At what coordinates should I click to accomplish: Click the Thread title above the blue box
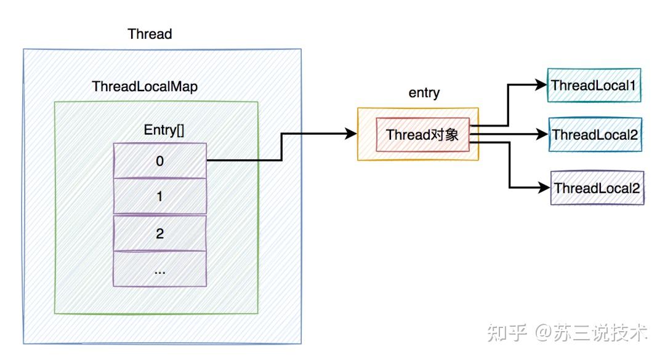pyautogui.click(x=150, y=34)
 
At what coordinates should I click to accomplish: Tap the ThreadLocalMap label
pyautogui.click(x=145, y=87)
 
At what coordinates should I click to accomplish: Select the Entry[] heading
pyautogui.click(x=159, y=130)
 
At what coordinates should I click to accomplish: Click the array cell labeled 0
pyautogui.click(x=159, y=161)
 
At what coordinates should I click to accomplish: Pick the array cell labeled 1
pyautogui.click(x=159, y=197)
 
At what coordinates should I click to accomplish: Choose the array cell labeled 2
pyautogui.click(x=159, y=233)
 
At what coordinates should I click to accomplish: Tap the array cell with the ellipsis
pyautogui.click(x=159, y=269)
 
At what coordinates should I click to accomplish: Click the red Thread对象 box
pyautogui.click(x=422, y=135)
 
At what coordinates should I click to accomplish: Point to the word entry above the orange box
pyautogui.click(x=424, y=93)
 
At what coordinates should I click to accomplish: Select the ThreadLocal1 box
pyautogui.click(x=594, y=86)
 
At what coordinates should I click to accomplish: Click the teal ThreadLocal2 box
pyautogui.click(x=595, y=135)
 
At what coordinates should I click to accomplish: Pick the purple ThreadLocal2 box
pyautogui.click(x=596, y=188)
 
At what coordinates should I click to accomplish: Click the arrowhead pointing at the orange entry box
pyautogui.click(x=352, y=134)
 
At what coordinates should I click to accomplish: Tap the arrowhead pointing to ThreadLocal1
pyautogui.click(x=542, y=86)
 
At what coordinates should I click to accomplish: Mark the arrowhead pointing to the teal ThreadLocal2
pyautogui.click(x=543, y=134)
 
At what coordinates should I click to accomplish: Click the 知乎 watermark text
pyautogui.click(x=507, y=333)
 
